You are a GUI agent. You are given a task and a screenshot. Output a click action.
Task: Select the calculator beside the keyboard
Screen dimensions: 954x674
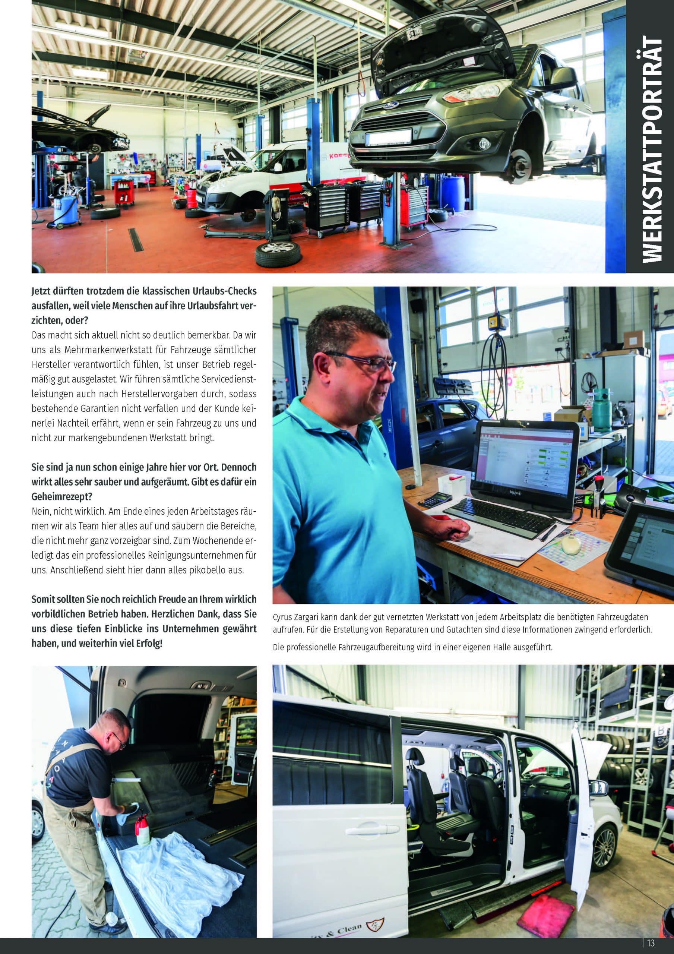coord(435,499)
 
